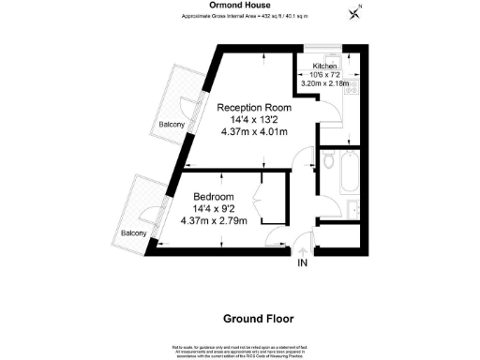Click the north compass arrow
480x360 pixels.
(353, 12)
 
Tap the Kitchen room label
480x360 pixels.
(323, 66)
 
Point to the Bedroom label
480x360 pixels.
(213, 196)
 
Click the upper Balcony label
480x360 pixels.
(171, 123)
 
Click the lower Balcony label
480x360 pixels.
(133, 234)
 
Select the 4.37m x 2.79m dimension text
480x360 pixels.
(213, 221)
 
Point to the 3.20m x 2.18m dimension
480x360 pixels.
(324, 84)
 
